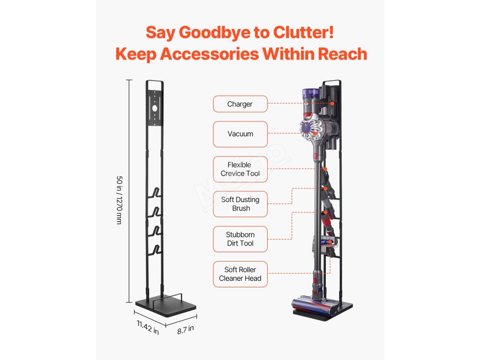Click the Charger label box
(240, 104)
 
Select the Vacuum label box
(240, 134)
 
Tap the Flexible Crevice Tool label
(240, 169)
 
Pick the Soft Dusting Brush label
(240, 204)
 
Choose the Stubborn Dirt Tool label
(240, 239)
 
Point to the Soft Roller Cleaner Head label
(240, 274)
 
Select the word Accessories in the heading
(210, 54)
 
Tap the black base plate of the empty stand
(165, 308)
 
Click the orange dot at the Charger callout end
(332, 103)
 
